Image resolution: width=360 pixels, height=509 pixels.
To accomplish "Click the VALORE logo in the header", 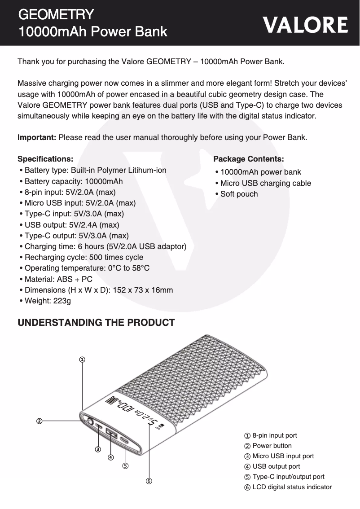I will tap(305, 25).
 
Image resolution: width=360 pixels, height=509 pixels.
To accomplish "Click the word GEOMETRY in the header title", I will tap(56, 14).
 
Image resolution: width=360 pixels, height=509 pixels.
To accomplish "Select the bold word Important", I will tap(37, 137).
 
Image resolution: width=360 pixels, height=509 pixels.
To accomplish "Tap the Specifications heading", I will tap(45, 159).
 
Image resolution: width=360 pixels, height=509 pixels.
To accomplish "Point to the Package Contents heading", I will tap(248, 159).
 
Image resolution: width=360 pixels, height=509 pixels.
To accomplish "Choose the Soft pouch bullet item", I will tap(239, 194).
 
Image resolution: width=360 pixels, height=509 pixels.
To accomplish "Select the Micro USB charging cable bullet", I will tap(265, 183).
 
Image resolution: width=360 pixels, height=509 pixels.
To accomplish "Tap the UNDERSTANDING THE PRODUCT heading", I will tap(96, 323).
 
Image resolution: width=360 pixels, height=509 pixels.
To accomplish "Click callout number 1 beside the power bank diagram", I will tap(83, 360).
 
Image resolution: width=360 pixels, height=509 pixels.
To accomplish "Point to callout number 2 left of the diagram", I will tap(40, 421).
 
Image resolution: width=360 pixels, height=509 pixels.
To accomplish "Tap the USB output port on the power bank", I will tap(111, 434).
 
